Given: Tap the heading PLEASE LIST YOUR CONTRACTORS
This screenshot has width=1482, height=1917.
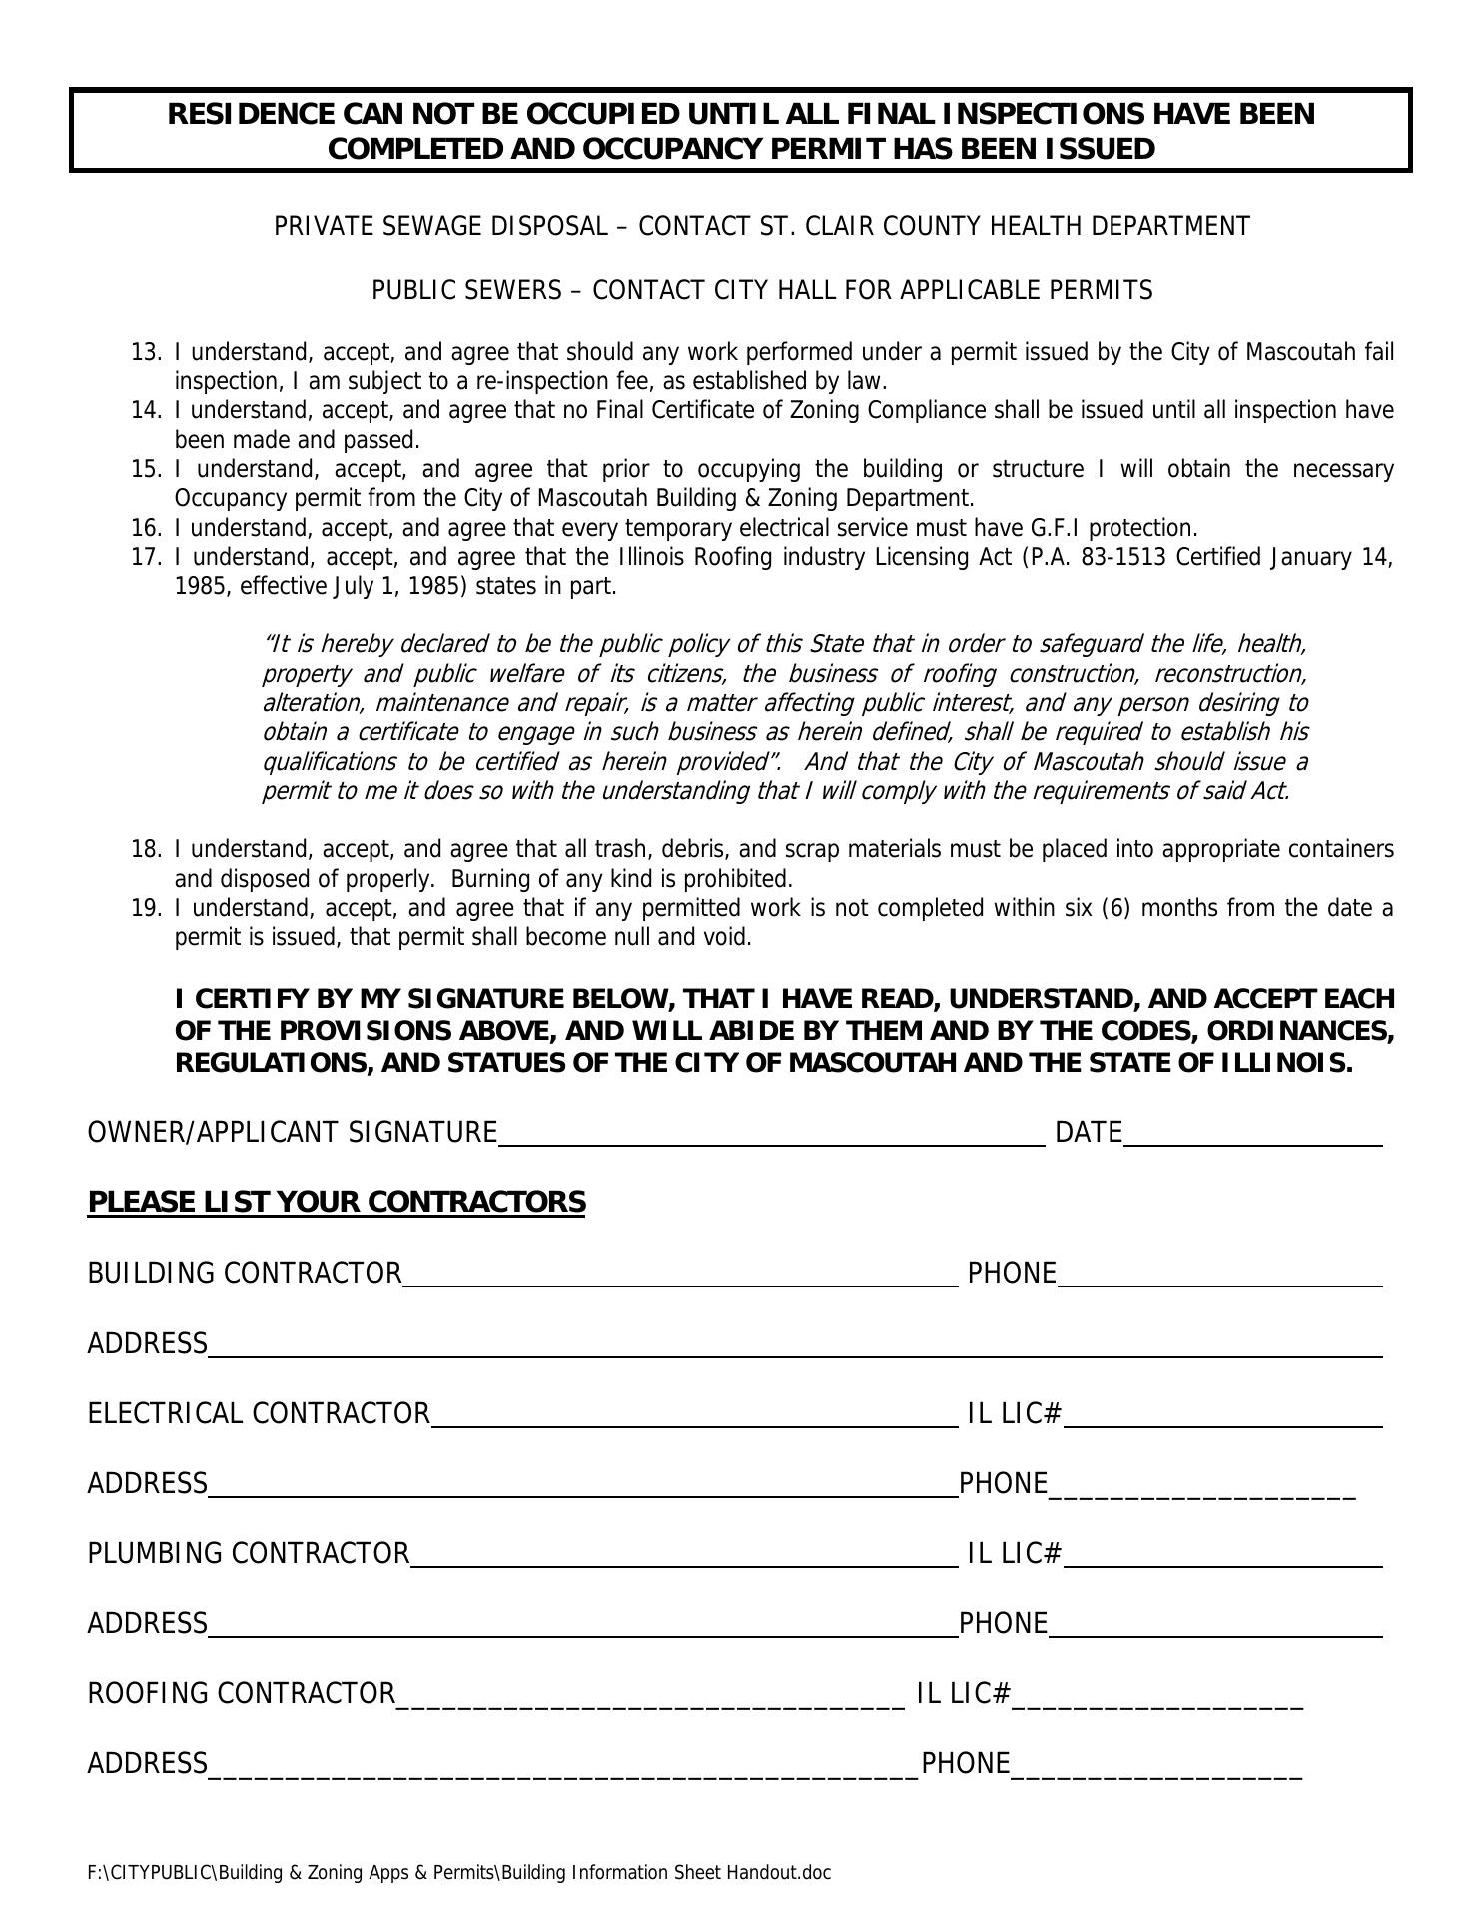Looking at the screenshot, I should [x=337, y=1202].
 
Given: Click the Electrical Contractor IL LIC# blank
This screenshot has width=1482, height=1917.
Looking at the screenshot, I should [x=1223, y=1417].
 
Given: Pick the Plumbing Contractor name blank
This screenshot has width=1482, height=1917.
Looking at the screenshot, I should [x=684, y=1557].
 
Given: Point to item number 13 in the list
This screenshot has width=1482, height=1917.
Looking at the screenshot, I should [x=146, y=353].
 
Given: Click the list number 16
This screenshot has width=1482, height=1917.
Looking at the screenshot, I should [x=146, y=528].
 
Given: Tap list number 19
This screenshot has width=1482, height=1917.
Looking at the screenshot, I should [x=146, y=909].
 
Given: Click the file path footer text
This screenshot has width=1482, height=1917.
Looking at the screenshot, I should [x=458, y=1873].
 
